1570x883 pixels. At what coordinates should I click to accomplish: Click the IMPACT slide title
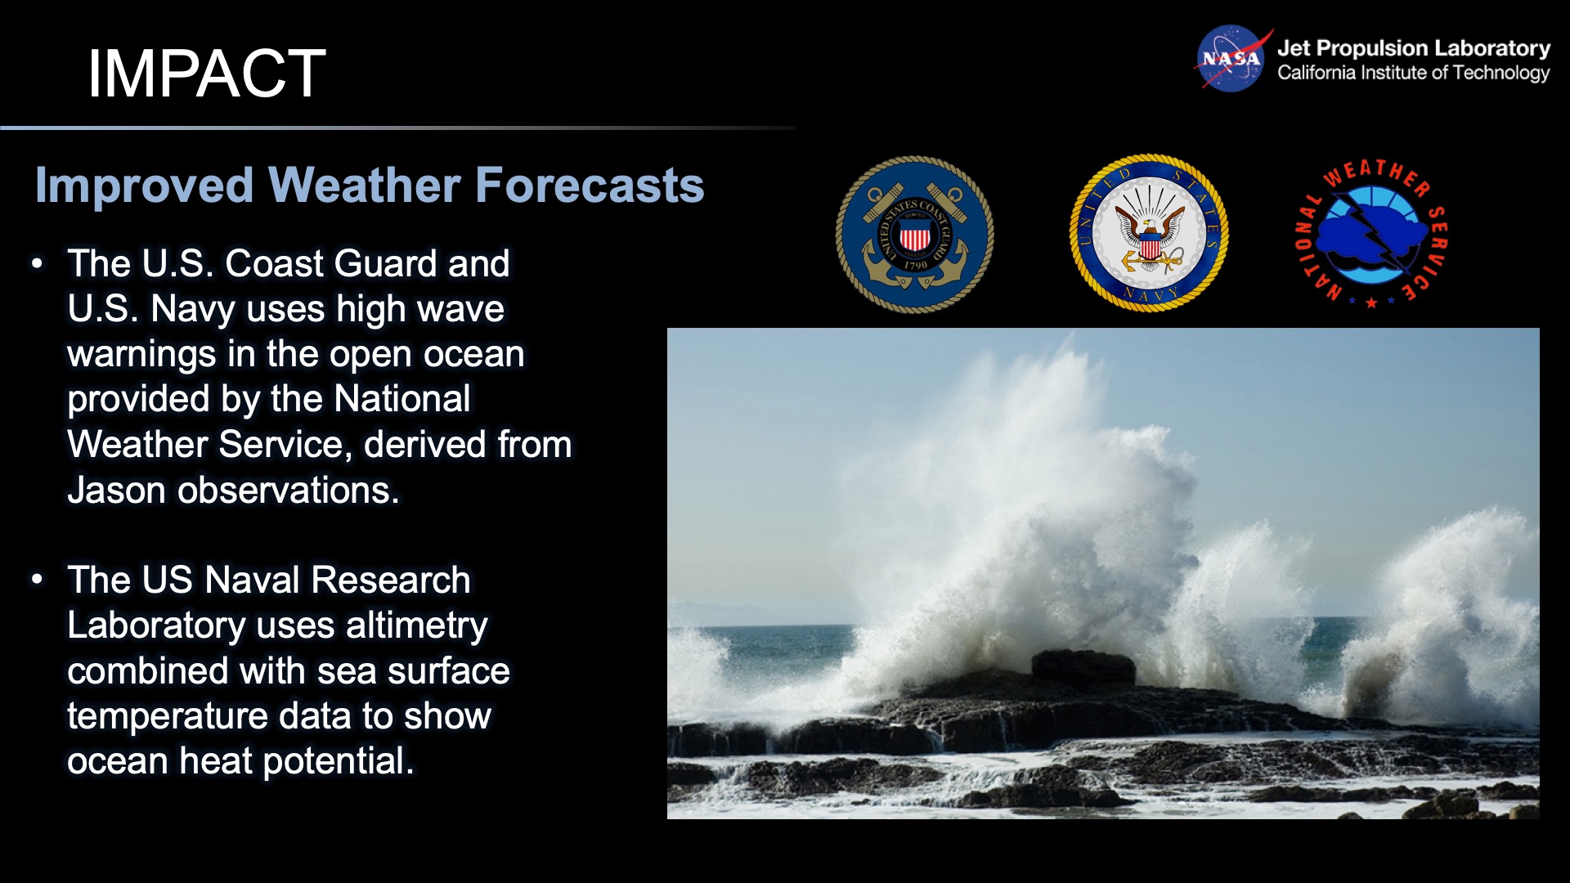206,74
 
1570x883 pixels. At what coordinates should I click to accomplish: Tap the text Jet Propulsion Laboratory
1413,48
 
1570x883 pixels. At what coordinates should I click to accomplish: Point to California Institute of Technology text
1413,73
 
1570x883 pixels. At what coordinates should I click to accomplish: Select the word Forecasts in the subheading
589,185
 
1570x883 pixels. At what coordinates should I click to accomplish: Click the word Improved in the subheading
144,185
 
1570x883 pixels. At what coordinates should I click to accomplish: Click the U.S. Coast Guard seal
914,235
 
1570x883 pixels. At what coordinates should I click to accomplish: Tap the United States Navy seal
1149,233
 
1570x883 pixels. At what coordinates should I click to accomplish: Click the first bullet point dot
37,264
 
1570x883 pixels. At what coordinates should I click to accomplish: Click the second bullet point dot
37,580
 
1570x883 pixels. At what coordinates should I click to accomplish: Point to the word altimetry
416,625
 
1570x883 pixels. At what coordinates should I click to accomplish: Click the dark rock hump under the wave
1083,666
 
